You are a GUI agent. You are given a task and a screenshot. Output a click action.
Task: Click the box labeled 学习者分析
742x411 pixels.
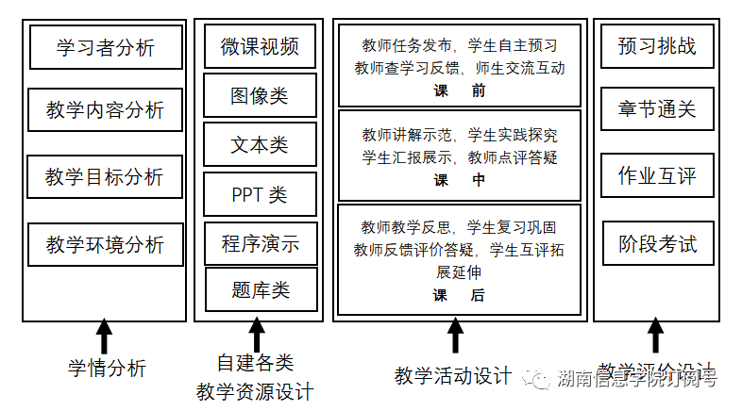coord(105,47)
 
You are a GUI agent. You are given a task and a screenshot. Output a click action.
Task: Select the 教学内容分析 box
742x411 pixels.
coord(105,111)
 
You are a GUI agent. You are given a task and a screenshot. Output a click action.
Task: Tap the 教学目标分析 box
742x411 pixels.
coord(105,177)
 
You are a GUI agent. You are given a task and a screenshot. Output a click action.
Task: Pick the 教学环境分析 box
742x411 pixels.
coord(105,245)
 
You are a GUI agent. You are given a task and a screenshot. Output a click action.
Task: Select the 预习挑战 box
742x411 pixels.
coord(658,46)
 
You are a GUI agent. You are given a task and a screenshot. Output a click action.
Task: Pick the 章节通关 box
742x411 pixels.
coord(658,110)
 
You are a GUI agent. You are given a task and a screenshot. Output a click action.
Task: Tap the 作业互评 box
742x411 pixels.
coord(658,177)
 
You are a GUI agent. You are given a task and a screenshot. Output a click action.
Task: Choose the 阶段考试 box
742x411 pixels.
coord(658,245)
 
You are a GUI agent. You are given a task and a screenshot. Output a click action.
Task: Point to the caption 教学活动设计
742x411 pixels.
coord(453,375)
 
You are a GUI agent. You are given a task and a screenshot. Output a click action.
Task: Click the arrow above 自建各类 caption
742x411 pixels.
coord(257,337)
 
